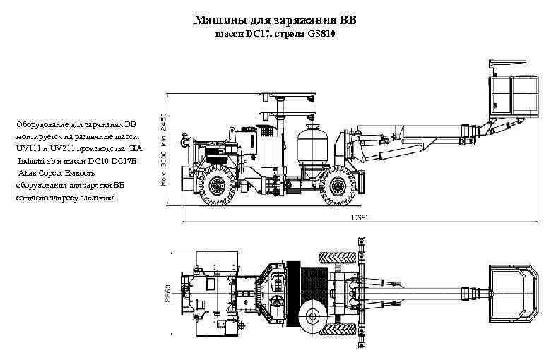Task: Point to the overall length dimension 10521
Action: [360, 218]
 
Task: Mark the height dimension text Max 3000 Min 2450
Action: [163, 150]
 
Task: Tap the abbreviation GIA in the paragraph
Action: [135, 149]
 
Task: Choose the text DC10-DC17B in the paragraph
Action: [115, 161]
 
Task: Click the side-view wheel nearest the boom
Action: [342, 185]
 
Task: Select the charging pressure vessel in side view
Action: [309, 145]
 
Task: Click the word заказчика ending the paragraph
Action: [97, 198]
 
